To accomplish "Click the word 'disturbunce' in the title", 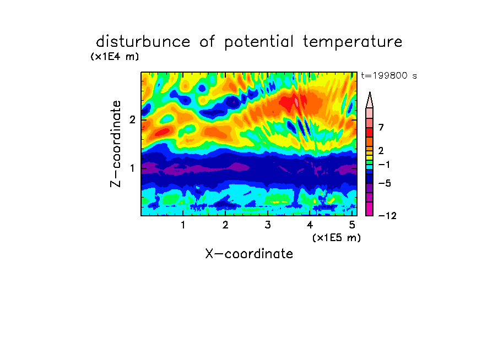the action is [143, 42].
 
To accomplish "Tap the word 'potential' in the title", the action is [258, 42].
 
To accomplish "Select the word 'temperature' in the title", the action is [353, 42].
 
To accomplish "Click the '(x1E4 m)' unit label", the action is [115, 57].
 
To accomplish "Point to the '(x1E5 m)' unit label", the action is [337, 237].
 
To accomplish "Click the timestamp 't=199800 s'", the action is [389, 75].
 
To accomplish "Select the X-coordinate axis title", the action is [249, 254].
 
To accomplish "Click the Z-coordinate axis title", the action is [116, 144].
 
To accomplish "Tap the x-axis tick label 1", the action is [183, 225].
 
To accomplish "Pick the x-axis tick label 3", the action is [268, 225].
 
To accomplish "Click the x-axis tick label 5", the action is [352, 225].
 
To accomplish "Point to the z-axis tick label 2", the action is [132, 119].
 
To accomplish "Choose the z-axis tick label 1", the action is [132, 168].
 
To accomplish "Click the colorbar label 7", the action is [381, 127].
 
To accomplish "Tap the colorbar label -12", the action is [387, 216].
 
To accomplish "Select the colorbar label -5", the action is [385, 183].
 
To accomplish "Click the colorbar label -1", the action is [384, 165].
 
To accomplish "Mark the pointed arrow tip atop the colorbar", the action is [370, 92].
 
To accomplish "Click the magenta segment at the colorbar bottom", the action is [370, 209].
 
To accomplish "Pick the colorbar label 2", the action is [381, 150].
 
